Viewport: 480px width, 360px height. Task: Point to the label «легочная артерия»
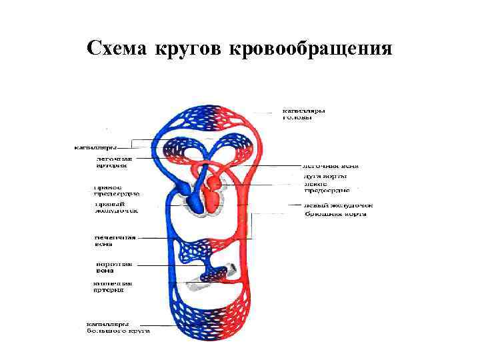tap(115, 163)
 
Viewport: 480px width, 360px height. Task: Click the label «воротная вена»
tap(109, 267)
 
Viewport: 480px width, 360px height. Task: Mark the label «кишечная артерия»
tap(111, 287)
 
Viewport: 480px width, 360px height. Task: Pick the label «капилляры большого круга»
tap(117, 327)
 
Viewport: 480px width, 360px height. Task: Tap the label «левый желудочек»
tap(337, 205)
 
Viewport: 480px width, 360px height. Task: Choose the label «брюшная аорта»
tap(335, 214)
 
